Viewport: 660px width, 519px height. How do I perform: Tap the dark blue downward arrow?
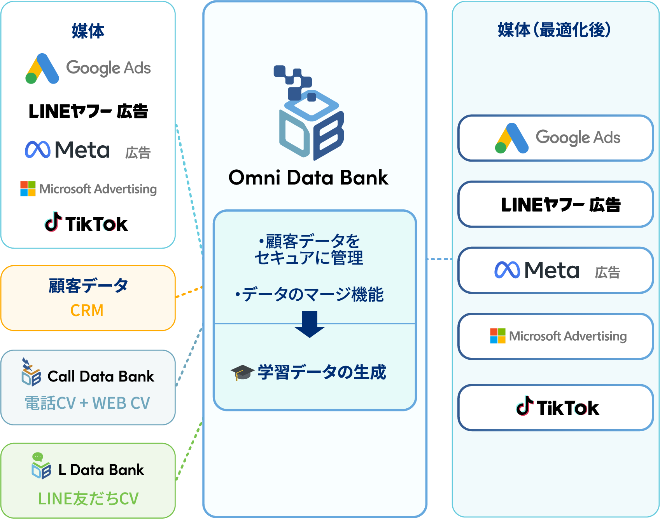click(x=310, y=324)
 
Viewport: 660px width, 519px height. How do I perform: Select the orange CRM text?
click(x=87, y=311)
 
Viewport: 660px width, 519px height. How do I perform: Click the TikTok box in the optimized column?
click(x=555, y=408)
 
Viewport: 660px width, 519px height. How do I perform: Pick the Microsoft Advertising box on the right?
click(x=555, y=336)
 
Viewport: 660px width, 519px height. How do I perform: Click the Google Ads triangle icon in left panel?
click(x=42, y=69)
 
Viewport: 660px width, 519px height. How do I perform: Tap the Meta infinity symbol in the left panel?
click(x=38, y=150)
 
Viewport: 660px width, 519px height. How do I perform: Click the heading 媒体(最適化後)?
click(x=554, y=30)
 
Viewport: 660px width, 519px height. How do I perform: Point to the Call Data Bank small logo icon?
click(x=31, y=373)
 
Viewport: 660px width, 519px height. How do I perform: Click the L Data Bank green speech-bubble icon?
click(x=38, y=457)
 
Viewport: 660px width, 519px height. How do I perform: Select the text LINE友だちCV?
click(x=88, y=499)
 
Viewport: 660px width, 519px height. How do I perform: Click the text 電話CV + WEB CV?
click(x=88, y=403)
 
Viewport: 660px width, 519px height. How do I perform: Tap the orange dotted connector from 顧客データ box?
click(x=189, y=292)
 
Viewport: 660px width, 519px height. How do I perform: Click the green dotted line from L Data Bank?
click(x=189, y=451)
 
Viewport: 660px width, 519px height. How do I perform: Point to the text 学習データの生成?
click(x=321, y=372)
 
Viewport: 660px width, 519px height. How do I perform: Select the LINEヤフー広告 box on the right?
click(x=555, y=204)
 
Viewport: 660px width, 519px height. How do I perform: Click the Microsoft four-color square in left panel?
click(x=28, y=189)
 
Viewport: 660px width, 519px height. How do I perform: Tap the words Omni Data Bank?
click(x=308, y=178)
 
